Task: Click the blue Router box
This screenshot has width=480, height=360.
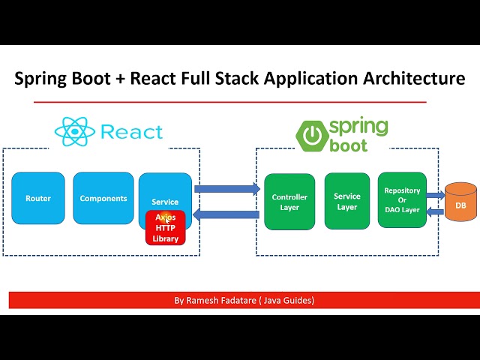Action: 38,198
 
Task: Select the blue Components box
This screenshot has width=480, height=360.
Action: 103,198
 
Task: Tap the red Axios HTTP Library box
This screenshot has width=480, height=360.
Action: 165,227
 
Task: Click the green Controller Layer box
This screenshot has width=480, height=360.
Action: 284,201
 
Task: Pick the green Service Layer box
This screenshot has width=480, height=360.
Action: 346,201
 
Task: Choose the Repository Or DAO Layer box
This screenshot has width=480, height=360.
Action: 402,200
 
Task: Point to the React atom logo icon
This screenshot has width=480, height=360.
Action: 74,132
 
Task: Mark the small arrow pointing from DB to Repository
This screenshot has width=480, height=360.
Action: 434,211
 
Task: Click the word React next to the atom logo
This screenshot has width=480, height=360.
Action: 130,133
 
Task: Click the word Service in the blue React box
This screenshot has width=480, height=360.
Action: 165,202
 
